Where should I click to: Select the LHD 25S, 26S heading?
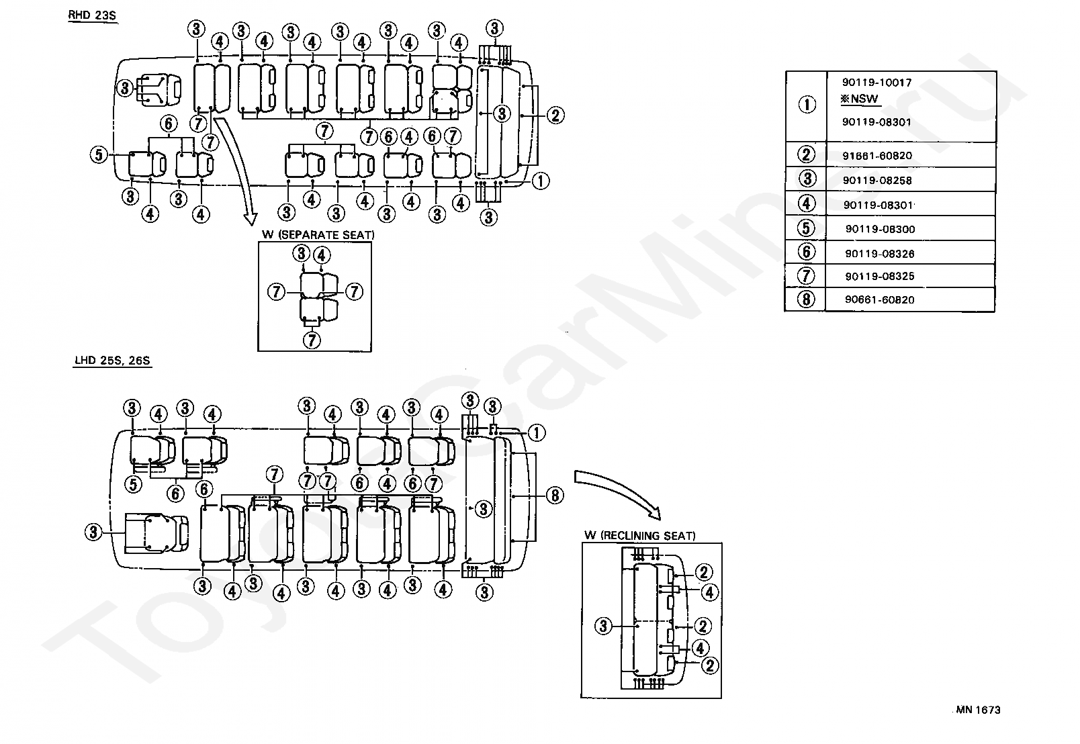[x=113, y=361]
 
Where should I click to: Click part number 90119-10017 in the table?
[x=876, y=83]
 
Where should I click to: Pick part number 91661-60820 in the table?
[x=876, y=156]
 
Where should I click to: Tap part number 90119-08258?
[x=877, y=181]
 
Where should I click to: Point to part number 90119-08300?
[x=880, y=229]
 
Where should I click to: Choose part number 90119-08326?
[x=880, y=254]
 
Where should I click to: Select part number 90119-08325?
[x=880, y=276]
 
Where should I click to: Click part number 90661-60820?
[x=880, y=300]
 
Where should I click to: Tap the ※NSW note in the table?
[x=860, y=99]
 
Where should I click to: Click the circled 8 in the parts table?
[x=806, y=299]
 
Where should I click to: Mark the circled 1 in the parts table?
[x=806, y=105]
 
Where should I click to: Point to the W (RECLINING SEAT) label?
[x=639, y=536]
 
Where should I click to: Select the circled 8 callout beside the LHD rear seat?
[x=554, y=496]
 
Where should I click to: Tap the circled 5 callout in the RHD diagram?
[x=98, y=154]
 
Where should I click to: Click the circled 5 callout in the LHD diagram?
[x=134, y=483]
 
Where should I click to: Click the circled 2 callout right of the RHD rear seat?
[x=555, y=115]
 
